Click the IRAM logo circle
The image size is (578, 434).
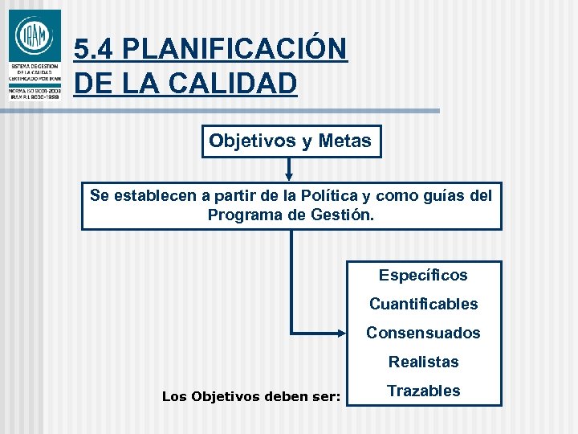(x=34, y=36)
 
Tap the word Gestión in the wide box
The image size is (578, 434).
(x=343, y=215)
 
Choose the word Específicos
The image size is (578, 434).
(x=423, y=275)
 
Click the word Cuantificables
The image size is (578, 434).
(x=423, y=304)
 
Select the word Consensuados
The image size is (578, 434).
(x=423, y=333)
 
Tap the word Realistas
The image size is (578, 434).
(x=423, y=362)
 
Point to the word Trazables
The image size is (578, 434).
(x=423, y=391)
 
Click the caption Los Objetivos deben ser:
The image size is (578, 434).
(x=251, y=395)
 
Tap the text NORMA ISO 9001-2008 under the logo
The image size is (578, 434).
(x=35, y=90)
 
